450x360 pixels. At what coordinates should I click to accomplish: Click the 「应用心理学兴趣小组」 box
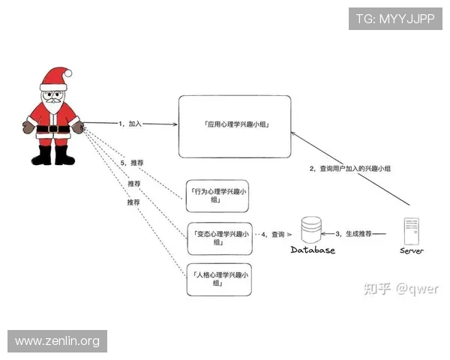click(234, 126)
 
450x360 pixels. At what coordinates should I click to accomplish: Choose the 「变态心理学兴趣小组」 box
click(218, 238)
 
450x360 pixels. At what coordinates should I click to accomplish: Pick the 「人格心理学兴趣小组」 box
click(218, 280)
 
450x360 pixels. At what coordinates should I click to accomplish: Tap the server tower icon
click(411, 230)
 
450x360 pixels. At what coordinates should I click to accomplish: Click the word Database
click(313, 250)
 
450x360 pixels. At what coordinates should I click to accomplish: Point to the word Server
click(412, 250)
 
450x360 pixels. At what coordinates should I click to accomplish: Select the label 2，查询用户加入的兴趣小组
click(350, 169)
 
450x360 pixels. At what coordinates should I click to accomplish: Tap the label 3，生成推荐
click(353, 234)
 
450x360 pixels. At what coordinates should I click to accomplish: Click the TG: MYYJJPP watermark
click(394, 18)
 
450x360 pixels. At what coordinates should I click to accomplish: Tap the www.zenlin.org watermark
click(57, 341)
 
